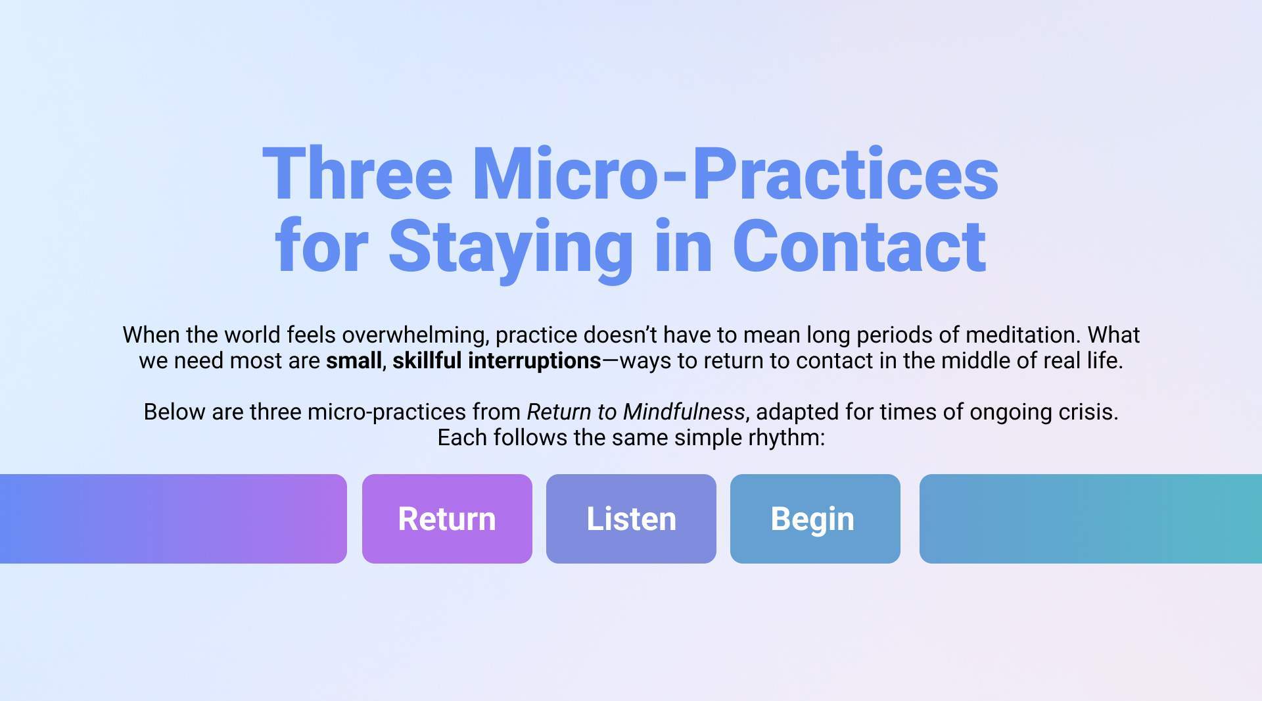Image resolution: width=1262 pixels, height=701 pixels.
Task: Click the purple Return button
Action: (447, 519)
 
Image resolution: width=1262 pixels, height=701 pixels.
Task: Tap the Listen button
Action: (631, 519)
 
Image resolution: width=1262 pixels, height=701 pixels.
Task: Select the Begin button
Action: (815, 519)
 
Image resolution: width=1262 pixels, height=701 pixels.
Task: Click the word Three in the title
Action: (358, 173)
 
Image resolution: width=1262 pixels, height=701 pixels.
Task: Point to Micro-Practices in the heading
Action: (736, 173)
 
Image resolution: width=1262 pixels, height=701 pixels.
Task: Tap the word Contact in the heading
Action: (859, 246)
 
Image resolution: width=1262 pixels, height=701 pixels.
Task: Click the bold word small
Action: (354, 360)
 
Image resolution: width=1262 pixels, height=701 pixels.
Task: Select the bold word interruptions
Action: (534, 361)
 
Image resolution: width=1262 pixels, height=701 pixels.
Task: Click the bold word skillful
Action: (427, 360)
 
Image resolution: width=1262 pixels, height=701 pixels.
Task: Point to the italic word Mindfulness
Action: (684, 412)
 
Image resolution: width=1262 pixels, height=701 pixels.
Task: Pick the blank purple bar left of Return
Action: (173, 519)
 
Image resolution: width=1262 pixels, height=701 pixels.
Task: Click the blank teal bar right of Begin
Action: (1090, 519)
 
